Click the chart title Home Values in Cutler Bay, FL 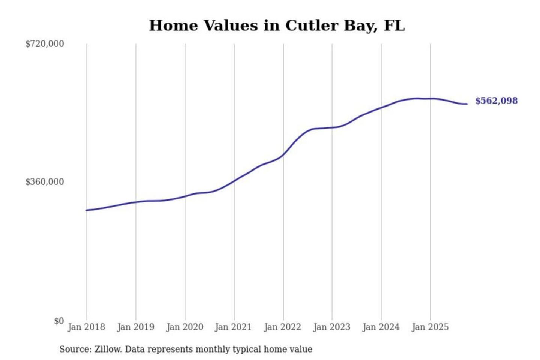(277, 25)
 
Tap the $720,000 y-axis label (45, 44)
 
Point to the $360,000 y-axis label (45, 182)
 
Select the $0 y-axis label (59, 321)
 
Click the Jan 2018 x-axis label (86, 327)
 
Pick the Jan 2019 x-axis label (135, 327)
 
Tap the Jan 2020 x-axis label (184, 327)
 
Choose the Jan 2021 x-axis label (233, 327)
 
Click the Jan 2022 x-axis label (282, 327)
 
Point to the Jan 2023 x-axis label (331, 327)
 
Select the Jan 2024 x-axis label (381, 327)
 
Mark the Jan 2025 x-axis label (430, 327)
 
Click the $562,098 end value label (496, 101)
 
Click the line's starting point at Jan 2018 (87, 210)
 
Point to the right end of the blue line (467, 104)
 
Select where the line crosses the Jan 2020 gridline (185, 196)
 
